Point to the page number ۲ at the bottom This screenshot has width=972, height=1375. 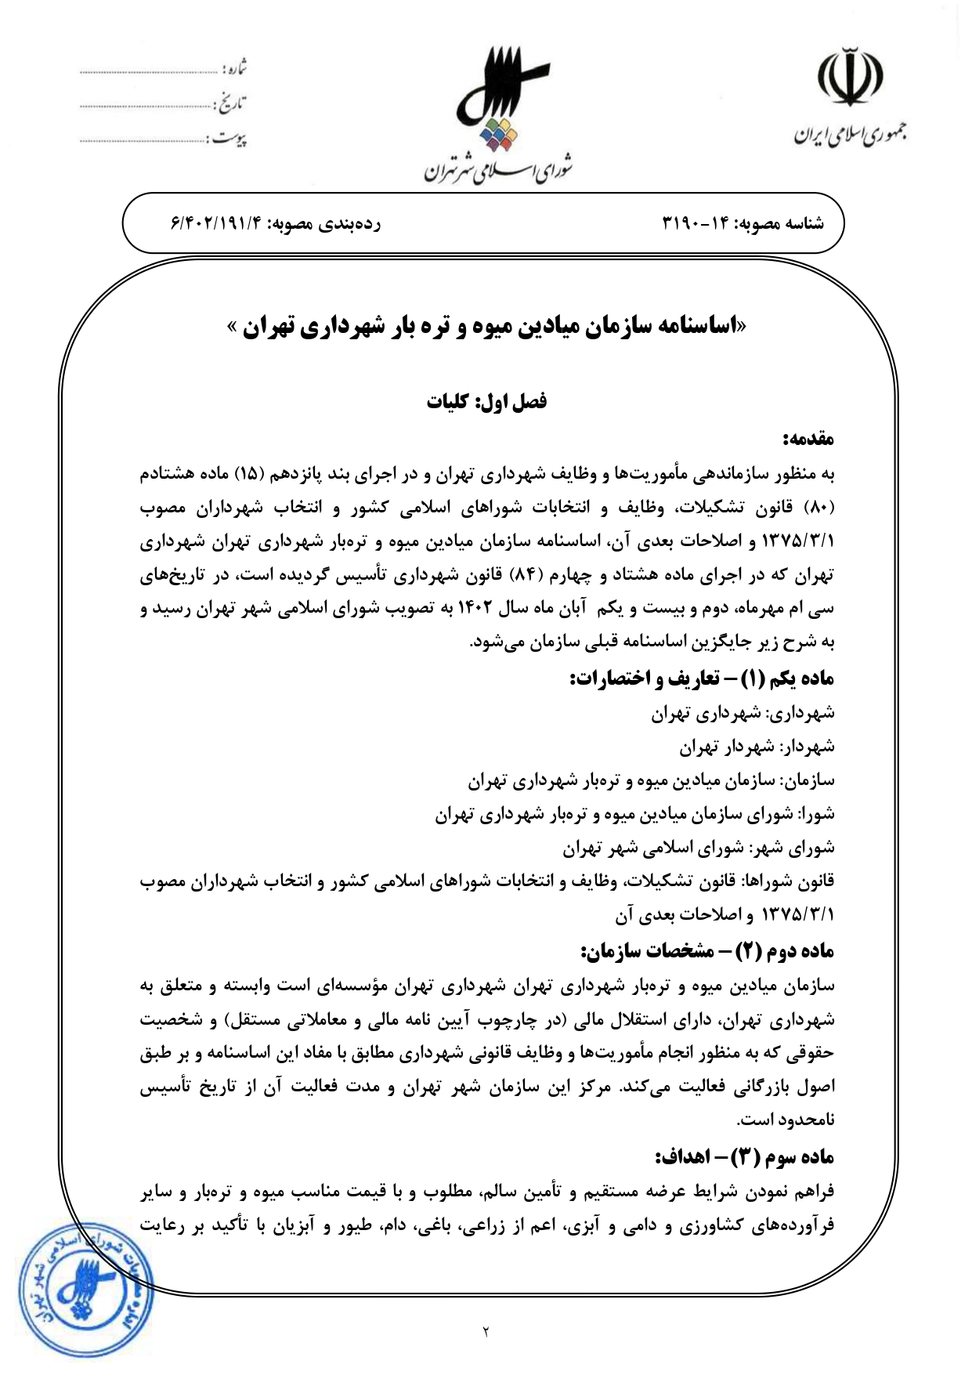coord(486,1331)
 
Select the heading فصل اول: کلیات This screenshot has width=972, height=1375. coord(486,401)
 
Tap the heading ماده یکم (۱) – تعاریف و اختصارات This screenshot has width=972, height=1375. coord(702,678)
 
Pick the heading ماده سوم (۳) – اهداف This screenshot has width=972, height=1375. coord(744,1156)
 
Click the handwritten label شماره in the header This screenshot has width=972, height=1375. coord(235,69)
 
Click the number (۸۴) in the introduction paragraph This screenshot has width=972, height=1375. coord(522,575)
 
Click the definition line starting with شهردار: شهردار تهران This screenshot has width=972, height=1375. coord(757,747)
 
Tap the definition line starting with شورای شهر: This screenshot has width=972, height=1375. coord(699,848)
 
